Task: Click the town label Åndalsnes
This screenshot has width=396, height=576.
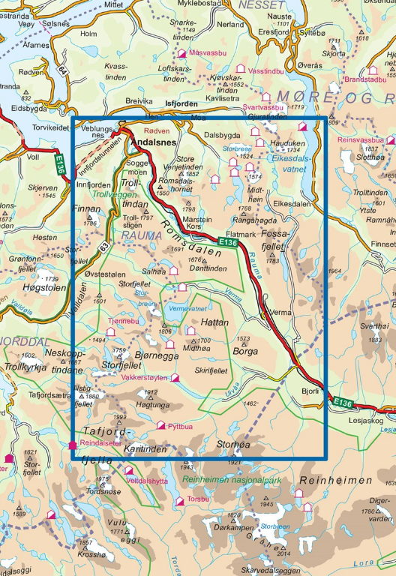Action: [154, 141]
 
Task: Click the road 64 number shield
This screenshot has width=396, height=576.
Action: [60, 71]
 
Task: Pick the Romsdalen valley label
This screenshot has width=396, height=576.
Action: [184, 225]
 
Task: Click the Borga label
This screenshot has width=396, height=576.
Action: [245, 350]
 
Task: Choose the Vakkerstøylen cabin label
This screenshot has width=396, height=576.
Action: [144, 378]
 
